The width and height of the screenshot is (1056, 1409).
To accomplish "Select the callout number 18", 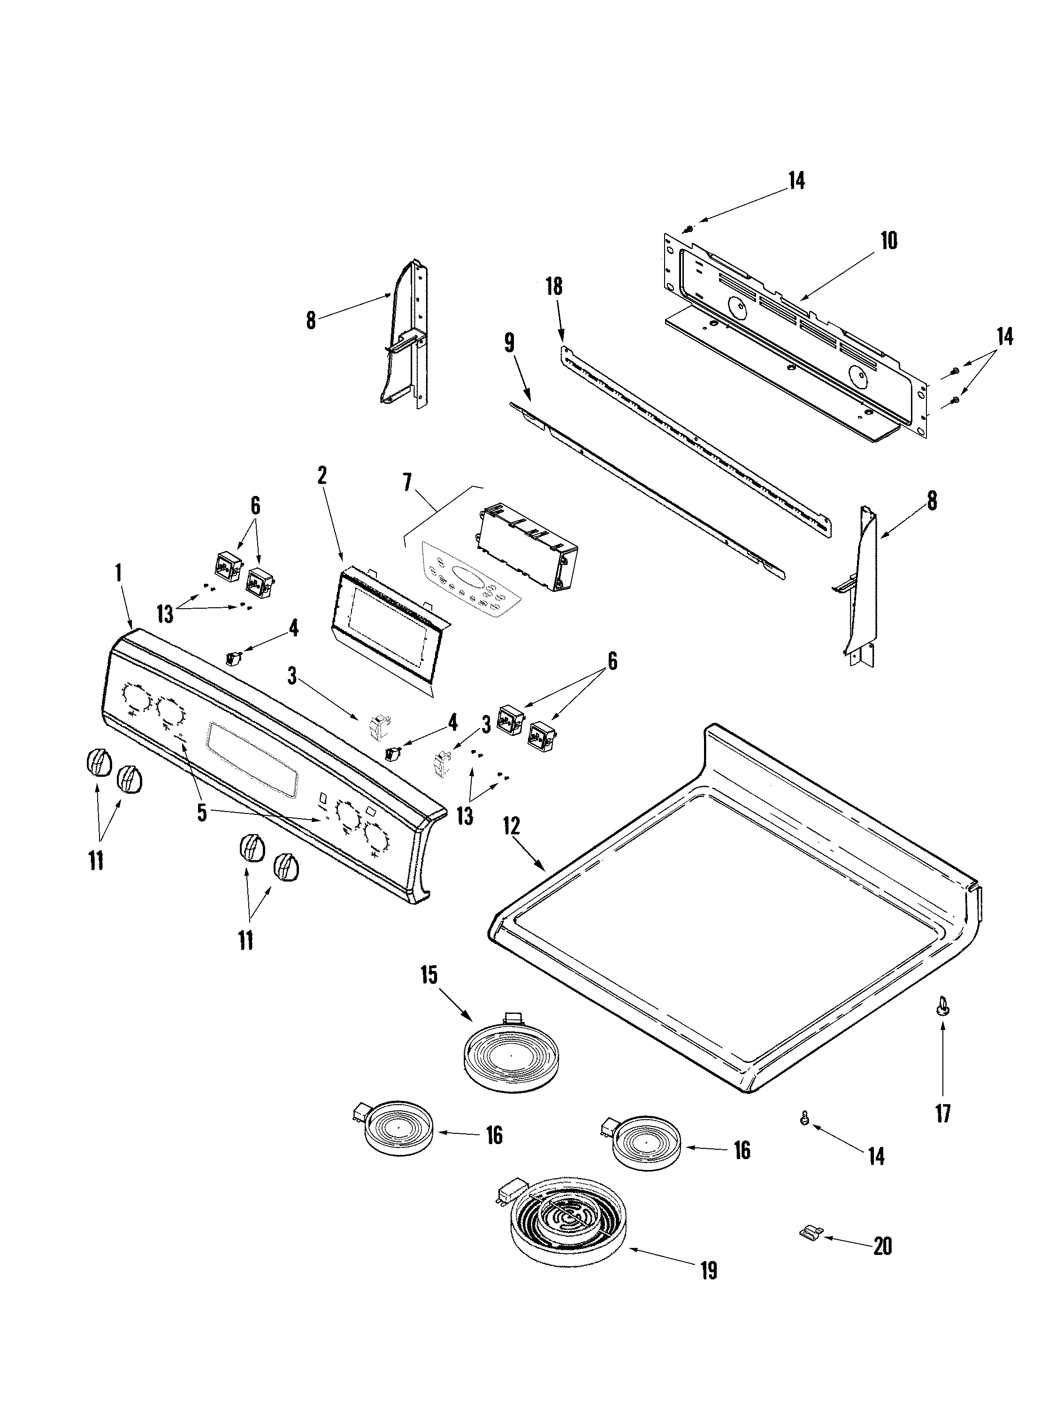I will tap(554, 286).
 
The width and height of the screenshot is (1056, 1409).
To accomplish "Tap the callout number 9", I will tap(509, 343).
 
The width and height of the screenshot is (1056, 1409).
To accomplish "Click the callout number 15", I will tap(429, 975).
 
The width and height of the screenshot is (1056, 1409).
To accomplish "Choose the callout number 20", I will tap(882, 1246).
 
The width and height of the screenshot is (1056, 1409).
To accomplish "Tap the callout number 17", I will tap(943, 1114).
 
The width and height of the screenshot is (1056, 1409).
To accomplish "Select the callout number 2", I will tap(322, 475).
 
